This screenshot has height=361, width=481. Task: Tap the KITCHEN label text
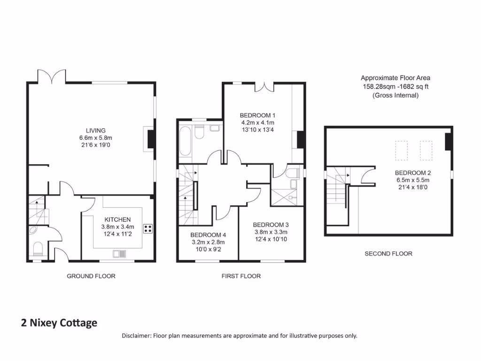pyautogui.click(x=117, y=220)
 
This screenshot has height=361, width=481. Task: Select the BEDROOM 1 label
pyautogui.click(x=257, y=115)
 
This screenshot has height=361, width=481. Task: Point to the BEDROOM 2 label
pyautogui.click(x=413, y=173)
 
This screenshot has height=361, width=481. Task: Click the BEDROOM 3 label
pyautogui.click(x=270, y=225)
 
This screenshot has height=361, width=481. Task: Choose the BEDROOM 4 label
pyautogui.click(x=208, y=235)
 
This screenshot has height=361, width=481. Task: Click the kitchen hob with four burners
pyautogui.click(x=147, y=229)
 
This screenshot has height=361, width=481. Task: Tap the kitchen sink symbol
pyautogui.click(x=118, y=254)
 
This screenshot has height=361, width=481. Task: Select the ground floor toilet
pyautogui.click(x=38, y=249)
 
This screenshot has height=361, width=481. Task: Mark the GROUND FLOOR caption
pyautogui.click(x=91, y=276)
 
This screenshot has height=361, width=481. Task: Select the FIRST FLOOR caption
pyautogui.click(x=241, y=276)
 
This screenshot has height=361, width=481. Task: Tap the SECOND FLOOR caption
pyautogui.click(x=388, y=254)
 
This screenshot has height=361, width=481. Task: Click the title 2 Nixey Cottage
pyautogui.click(x=59, y=323)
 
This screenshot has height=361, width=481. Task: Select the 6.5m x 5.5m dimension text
pyautogui.click(x=413, y=180)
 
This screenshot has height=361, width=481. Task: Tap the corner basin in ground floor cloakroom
pyautogui.click(x=34, y=230)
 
